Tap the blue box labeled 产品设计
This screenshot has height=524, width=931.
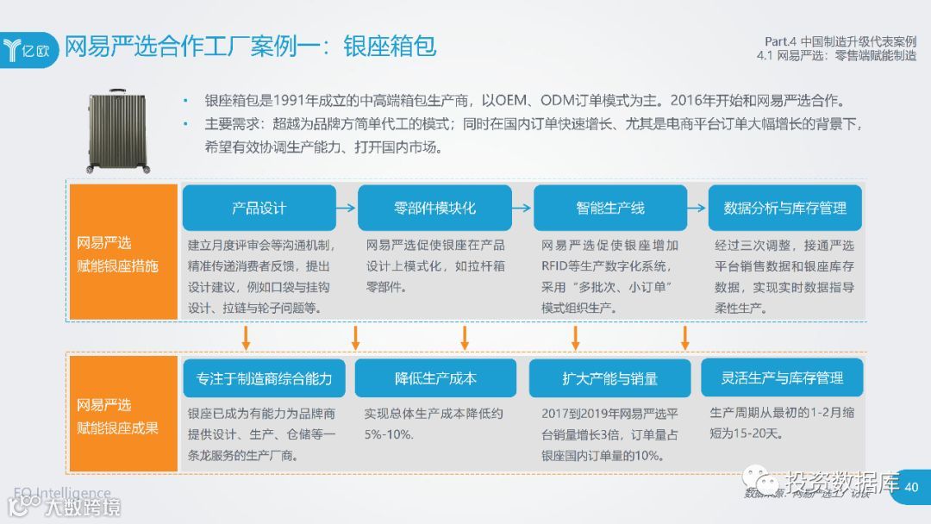coord(259,208)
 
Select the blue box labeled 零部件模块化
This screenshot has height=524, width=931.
coord(434,208)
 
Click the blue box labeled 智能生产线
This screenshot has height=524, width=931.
coord(610,208)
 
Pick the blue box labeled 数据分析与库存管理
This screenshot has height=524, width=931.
coord(784,208)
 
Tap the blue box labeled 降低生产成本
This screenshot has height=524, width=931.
coord(435,378)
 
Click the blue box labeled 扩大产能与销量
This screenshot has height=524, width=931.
coord(610,378)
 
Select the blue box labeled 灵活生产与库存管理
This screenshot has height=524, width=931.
coord(783,377)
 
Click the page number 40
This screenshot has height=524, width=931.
coord(912,487)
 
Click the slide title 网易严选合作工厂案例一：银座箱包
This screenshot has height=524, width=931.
coord(251,46)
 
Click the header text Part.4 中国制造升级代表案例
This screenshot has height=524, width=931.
coord(840,41)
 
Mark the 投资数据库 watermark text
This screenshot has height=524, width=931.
coord(841,481)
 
